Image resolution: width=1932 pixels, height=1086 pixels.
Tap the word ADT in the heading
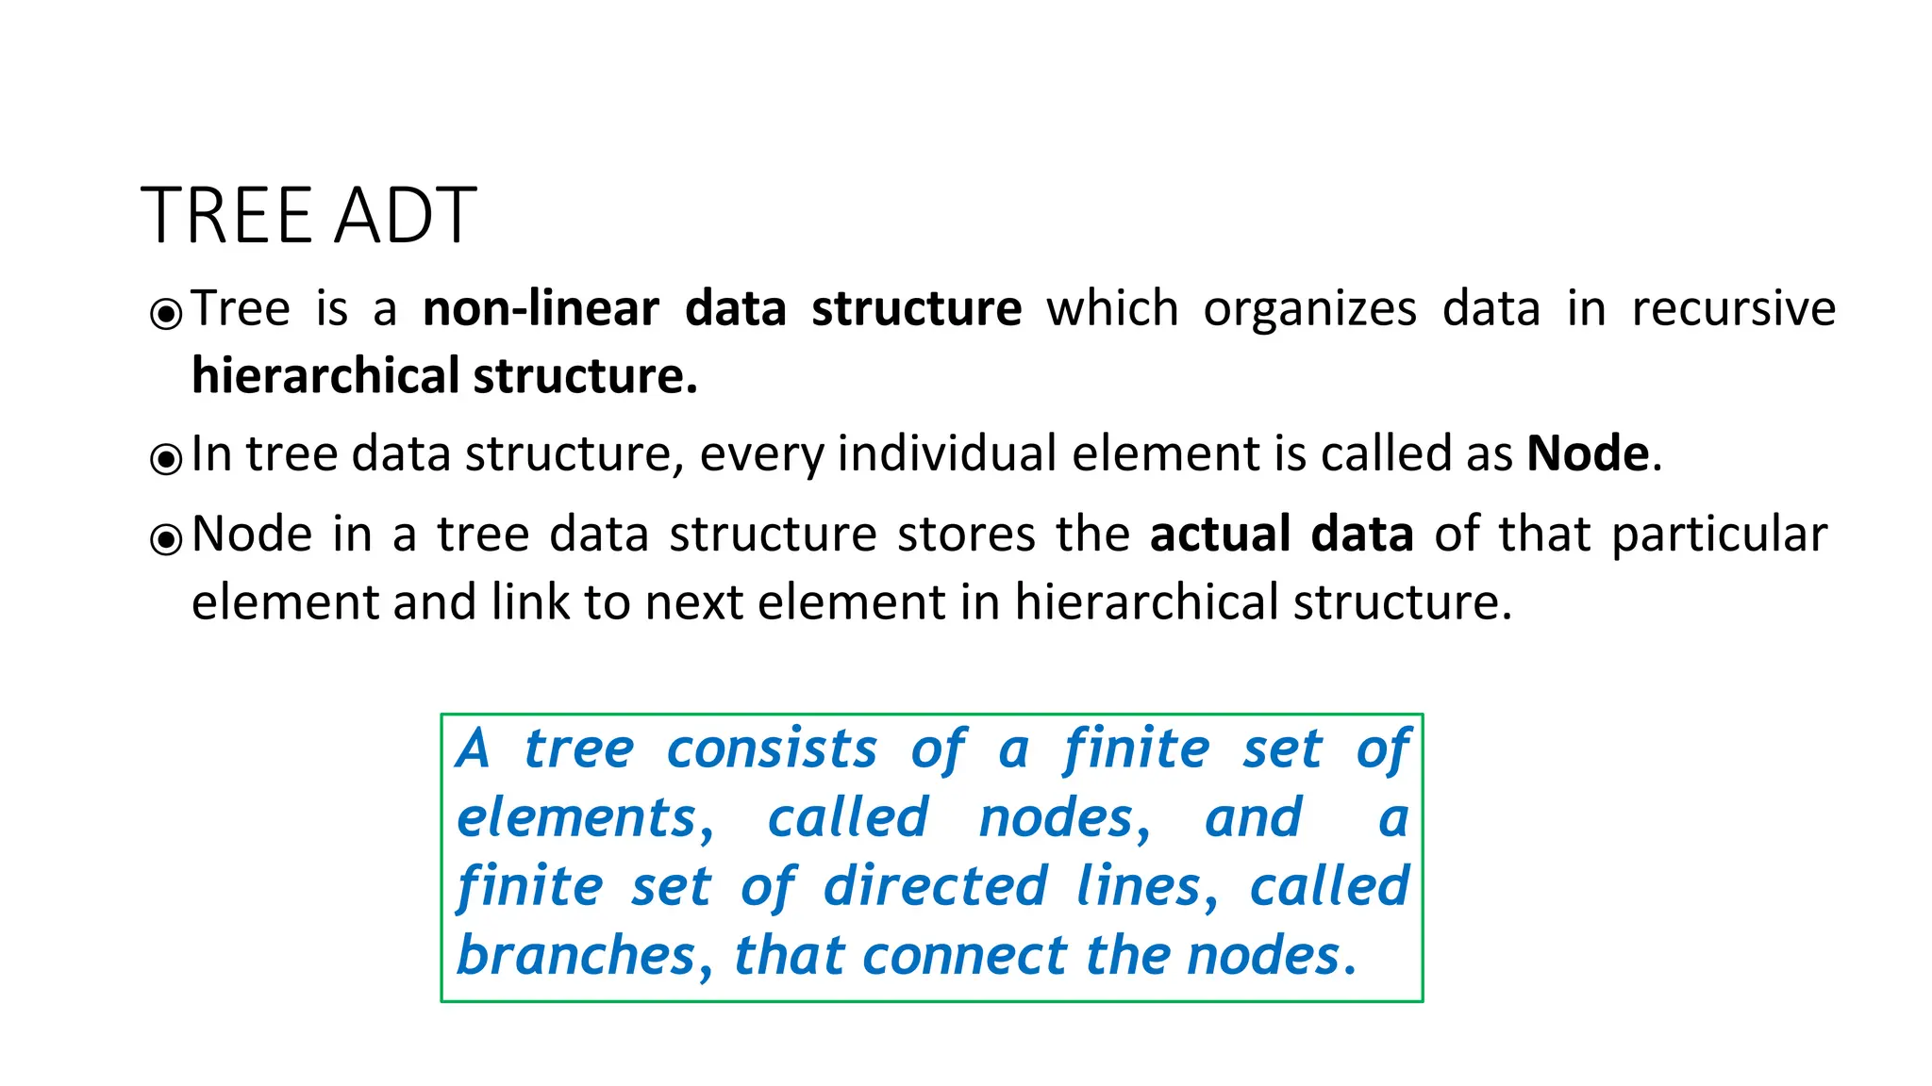[406, 216]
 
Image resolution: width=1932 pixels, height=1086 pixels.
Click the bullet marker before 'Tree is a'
[166, 313]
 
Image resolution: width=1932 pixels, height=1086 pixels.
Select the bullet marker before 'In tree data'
[166, 458]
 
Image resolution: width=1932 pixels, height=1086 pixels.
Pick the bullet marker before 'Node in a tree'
[166, 538]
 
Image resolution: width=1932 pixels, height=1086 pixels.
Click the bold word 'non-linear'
[541, 308]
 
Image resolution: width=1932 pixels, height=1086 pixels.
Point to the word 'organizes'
[1309, 308]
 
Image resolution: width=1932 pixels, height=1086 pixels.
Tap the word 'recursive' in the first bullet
[1734, 308]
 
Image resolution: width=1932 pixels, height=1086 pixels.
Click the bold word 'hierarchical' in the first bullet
[325, 375]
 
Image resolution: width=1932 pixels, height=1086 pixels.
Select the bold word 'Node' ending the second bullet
[1588, 453]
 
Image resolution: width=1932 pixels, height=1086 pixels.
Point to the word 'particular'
[1719, 534]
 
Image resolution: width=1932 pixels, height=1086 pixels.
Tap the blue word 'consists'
[772, 749]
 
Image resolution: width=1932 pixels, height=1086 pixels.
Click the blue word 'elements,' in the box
[585, 817]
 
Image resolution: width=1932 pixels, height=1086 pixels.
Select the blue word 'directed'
[935, 886]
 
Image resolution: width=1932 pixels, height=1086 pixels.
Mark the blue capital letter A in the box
[473, 749]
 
